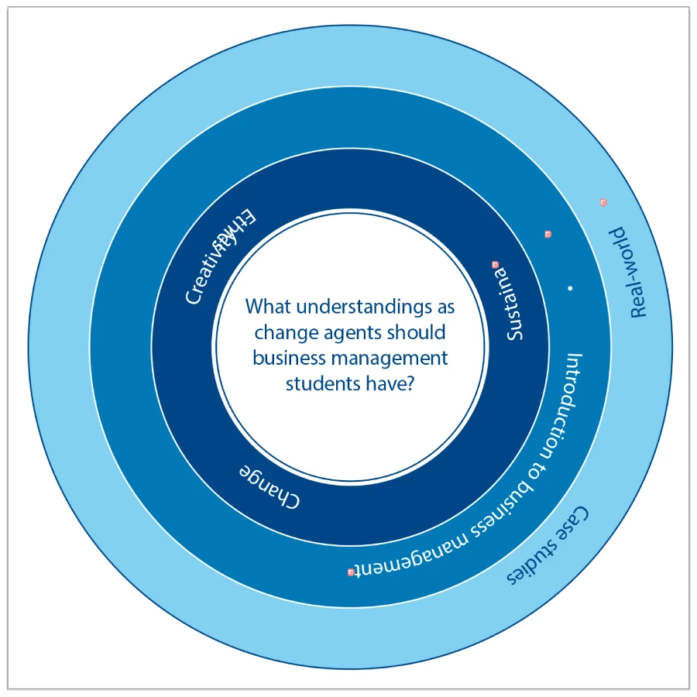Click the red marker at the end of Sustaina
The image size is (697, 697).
coord(496,265)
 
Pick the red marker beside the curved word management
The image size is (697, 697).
coord(351,572)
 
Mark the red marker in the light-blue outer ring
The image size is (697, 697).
coord(603,202)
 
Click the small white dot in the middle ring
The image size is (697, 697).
coord(570,288)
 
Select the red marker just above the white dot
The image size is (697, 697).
coord(548,234)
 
